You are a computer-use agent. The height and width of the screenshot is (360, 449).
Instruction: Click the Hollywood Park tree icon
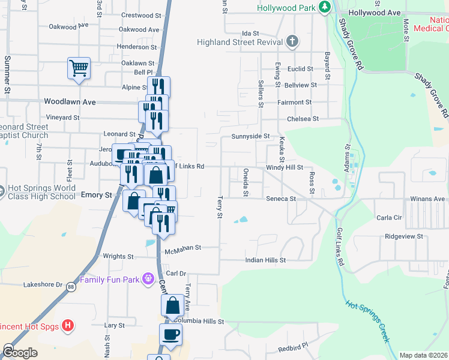point(325,7)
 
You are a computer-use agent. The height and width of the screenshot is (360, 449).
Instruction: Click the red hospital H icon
point(68,326)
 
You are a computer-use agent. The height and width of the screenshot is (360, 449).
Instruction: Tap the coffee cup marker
point(170,334)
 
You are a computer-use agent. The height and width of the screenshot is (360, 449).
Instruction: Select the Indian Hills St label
point(265,260)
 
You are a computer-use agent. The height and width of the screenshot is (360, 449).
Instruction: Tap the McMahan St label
point(183,247)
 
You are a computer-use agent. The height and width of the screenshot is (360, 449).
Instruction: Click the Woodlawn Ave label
point(70,102)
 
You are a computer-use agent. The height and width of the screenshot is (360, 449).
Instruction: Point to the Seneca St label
point(282,199)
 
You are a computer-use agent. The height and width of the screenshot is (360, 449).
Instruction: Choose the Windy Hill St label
point(285,168)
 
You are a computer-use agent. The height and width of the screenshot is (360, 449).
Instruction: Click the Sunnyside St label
point(250,136)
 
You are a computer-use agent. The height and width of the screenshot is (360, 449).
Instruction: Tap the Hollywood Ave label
point(374,12)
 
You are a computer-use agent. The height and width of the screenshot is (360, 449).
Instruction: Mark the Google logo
point(20,353)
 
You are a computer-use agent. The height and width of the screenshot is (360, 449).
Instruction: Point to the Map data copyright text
point(424,355)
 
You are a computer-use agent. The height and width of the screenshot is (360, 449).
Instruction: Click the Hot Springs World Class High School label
point(41,192)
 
